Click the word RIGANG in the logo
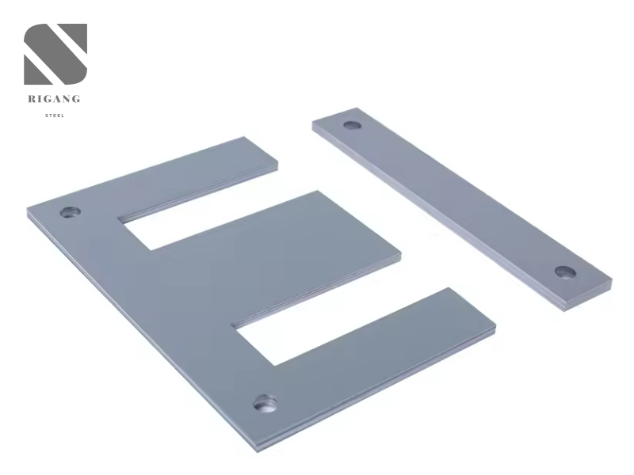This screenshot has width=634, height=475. coord(54,99)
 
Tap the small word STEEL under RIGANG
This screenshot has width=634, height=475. coord(55,116)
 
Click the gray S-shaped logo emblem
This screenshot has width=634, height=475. coord(55,54)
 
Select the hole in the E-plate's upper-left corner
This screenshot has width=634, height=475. coord(71,211)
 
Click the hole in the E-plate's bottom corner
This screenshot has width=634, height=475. coord(265,404)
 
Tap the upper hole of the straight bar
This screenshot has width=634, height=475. coord(352,124)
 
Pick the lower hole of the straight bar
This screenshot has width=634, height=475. coord(565,272)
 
